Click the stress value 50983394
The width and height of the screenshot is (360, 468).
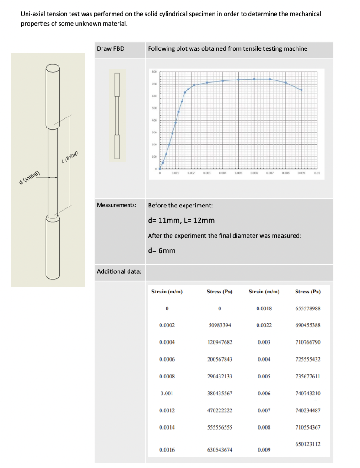(220, 325)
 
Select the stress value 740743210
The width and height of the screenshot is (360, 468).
(308, 394)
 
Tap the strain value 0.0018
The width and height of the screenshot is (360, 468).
(264, 308)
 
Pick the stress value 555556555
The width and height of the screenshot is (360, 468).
(220, 428)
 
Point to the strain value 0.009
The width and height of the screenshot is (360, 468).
(264, 450)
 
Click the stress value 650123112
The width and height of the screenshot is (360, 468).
(308, 444)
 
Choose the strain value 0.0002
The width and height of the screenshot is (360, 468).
(167, 325)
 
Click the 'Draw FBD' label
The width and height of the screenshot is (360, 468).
(111, 49)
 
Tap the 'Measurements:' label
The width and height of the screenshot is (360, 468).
(117, 205)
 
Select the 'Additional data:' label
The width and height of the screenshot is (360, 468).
(119, 272)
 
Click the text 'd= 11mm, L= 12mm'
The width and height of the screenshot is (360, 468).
(181, 221)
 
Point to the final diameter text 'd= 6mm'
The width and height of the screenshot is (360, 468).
(161, 251)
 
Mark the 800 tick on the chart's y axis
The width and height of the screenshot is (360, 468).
(154, 72)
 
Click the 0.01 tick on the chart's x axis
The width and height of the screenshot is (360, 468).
(316, 174)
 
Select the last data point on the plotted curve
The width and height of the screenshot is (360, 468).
(301, 90)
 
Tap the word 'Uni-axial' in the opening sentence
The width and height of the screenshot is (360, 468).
(34, 14)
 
